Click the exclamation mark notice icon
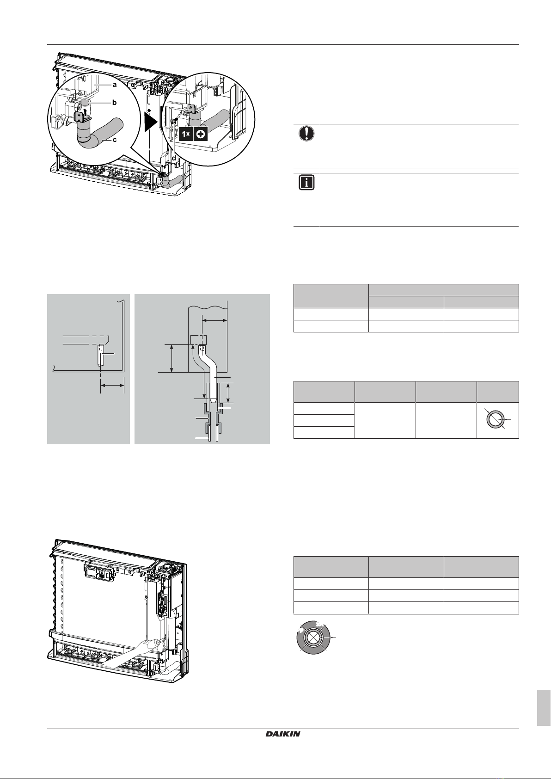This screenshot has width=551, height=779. point(306,134)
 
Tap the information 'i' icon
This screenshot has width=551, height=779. point(306,183)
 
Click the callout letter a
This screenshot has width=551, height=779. point(114,85)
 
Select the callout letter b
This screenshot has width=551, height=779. point(114,103)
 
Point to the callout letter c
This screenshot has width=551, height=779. point(114,141)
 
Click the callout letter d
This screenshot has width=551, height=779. point(174,158)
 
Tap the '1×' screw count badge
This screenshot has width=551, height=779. point(186,134)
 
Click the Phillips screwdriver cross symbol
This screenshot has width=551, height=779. point(201,134)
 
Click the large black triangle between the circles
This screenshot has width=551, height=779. point(150,123)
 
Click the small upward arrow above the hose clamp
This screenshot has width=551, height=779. point(86,112)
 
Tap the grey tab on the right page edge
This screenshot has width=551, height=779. point(544,708)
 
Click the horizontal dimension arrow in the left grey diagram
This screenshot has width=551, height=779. point(112,385)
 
